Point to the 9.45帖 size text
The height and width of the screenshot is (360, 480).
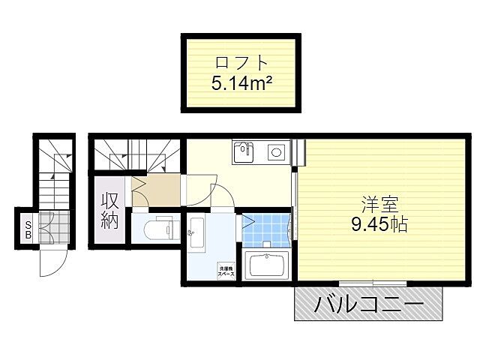[x=378, y=223]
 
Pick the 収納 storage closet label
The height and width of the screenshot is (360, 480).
[x=109, y=211]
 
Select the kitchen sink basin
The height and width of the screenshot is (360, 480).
[x=244, y=154]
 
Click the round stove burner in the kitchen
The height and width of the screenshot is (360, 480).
[x=275, y=153]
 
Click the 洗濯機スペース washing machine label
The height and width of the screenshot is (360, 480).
[x=226, y=271]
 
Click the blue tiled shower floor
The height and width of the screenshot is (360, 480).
[x=266, y=230]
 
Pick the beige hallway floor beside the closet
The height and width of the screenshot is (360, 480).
[x=157, y=192]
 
